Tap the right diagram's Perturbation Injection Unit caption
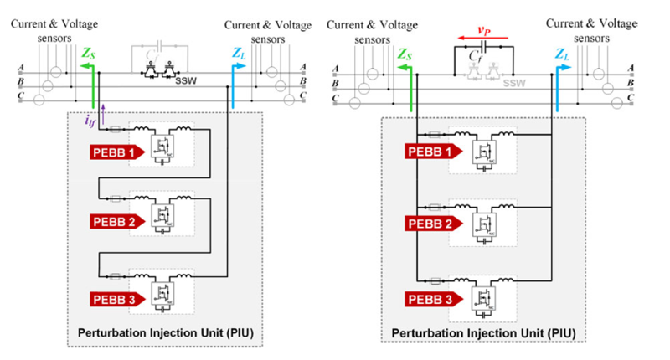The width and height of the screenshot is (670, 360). [x=483, y=333]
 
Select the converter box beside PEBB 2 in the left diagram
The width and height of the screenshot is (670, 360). [x=161, y=216]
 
